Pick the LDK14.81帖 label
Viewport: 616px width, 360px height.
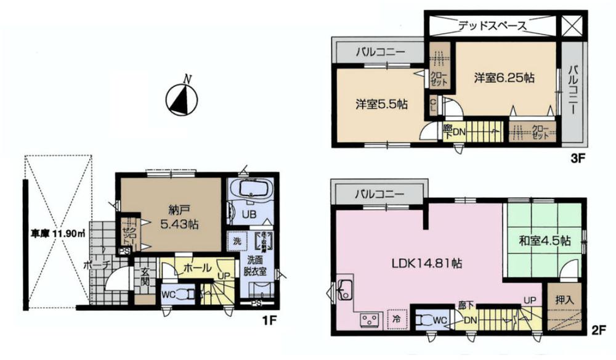tap(429, 263)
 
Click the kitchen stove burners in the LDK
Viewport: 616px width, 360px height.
tap(370, 320)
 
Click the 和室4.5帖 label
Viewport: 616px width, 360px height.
tap(545, 240)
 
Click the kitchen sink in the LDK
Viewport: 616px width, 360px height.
tap(346, 290)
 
